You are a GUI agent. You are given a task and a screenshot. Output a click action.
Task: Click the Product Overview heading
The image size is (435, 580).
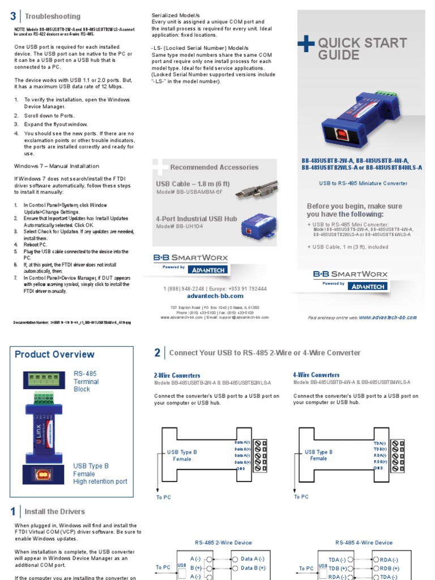pos(54,355)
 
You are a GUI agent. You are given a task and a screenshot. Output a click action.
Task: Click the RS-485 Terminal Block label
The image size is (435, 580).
pos(86,381)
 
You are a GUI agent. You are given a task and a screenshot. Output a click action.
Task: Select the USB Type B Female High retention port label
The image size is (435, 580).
pos(100,474)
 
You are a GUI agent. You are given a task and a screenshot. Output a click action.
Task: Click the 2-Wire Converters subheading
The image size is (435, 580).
pos(177,375)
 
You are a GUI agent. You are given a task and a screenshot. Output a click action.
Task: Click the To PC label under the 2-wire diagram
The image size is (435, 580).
pos(163,497)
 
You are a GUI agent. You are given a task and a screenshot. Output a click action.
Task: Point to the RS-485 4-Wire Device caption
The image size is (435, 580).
pos(364,543)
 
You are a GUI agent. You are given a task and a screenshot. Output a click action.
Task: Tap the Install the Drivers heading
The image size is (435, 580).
pos(55,511)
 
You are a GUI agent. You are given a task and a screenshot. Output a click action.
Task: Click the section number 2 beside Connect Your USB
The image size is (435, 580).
pos(157,353)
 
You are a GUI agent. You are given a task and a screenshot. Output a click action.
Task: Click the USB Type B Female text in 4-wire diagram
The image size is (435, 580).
pos(318,455)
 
